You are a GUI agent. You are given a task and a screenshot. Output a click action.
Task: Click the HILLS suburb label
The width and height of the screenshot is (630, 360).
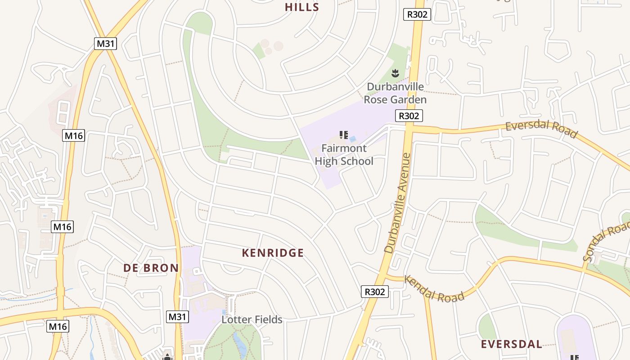(302, 7)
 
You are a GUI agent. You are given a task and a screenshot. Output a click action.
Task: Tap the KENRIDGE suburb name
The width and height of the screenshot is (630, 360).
(273, 253)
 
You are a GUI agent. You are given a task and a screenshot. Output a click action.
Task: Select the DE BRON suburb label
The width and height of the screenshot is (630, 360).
(151, 268)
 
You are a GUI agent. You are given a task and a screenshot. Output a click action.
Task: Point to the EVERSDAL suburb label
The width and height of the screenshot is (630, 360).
(512, 345)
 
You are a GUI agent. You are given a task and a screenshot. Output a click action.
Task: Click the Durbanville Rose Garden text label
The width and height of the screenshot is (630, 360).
(395, 93)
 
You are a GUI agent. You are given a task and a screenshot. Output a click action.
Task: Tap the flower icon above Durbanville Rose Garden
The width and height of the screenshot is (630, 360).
(395, 73)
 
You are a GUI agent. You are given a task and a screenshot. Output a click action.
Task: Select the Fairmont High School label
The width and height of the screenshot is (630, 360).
(344, 154)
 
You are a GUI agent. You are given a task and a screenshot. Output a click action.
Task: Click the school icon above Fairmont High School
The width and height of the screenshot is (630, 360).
(344, 135)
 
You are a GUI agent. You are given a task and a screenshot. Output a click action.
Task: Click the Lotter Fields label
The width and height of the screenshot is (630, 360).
(252, 319)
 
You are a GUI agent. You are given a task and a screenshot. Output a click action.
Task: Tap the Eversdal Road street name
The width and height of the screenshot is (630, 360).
(541, 129)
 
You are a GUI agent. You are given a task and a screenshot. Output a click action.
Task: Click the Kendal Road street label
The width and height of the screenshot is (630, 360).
(434, 289)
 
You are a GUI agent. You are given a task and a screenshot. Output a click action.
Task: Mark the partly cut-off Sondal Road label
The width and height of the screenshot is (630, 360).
(606, 243)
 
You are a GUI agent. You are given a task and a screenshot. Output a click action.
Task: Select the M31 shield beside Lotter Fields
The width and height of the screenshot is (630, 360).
(177, 317)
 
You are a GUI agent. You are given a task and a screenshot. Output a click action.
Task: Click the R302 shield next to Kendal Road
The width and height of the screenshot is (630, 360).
(374, 292)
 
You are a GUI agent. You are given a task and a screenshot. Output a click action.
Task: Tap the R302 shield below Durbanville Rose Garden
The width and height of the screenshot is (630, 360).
(409, 116)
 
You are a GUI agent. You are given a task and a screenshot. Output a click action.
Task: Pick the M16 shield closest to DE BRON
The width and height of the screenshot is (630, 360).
(62, 227)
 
